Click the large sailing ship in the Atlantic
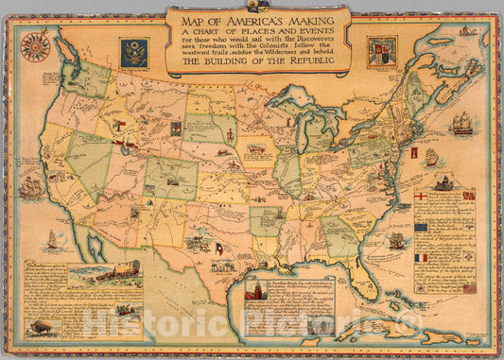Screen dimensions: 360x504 click(461, 123)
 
